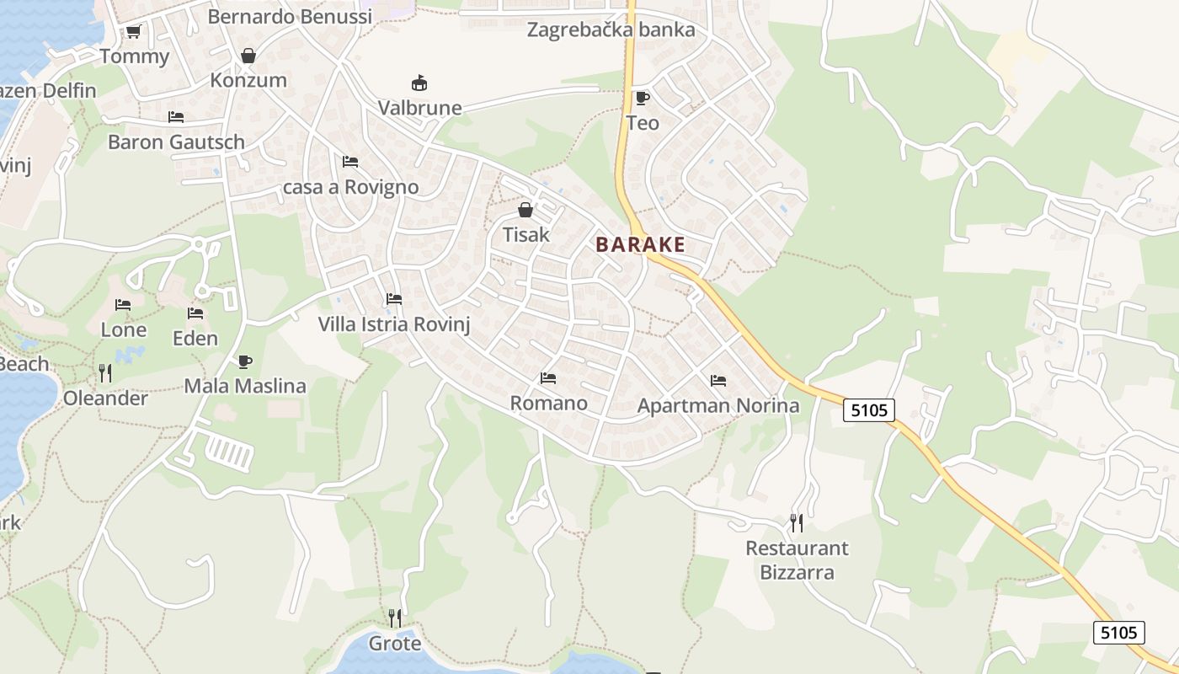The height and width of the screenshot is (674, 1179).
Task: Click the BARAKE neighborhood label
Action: point(640,245)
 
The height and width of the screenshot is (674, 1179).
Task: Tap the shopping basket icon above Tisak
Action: point(525,210)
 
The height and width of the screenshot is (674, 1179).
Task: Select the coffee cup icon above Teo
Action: point(643,99)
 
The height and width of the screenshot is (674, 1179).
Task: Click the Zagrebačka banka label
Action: point(611,30)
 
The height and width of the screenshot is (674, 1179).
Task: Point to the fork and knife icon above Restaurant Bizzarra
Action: point(797,523)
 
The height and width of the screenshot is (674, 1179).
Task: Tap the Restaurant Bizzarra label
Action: point(798,560)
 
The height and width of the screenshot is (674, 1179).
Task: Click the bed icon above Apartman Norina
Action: point(718,381)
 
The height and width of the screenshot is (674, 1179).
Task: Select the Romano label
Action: point(549,403)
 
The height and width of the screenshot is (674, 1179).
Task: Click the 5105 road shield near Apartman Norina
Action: point(869,410)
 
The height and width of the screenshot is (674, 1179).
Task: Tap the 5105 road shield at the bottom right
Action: point(1119,632)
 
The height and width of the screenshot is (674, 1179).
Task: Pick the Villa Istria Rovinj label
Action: point(393,324)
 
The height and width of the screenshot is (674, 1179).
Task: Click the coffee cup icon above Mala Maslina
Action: point(245,362)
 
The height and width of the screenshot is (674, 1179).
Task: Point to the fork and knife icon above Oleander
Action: point(105,373)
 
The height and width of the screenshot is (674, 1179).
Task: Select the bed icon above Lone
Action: point(123,305)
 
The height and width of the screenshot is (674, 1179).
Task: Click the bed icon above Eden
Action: point(195,313)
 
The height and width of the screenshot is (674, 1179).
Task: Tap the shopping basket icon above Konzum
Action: point(248,56)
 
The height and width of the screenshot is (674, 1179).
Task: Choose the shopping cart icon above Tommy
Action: point(133,32)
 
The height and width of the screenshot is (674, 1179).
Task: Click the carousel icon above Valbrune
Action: point(419,83)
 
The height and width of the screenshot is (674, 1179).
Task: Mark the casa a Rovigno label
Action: point(350,187)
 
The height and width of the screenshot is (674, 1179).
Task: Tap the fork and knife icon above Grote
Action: point(395,618)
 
